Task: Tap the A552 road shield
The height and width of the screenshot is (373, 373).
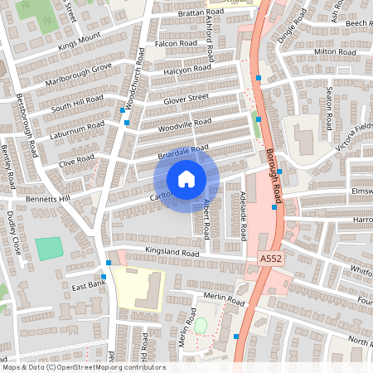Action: pos(272,259)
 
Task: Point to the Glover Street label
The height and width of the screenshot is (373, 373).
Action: pos(186,99)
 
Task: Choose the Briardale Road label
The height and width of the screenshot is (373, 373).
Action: pos(183,152)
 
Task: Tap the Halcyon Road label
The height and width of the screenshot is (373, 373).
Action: pos(186,70)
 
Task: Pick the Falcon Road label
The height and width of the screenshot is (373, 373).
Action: pos(176,43)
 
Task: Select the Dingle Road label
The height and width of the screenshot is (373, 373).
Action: pos(286,30)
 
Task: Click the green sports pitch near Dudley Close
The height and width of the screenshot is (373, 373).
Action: pos(49,248)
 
